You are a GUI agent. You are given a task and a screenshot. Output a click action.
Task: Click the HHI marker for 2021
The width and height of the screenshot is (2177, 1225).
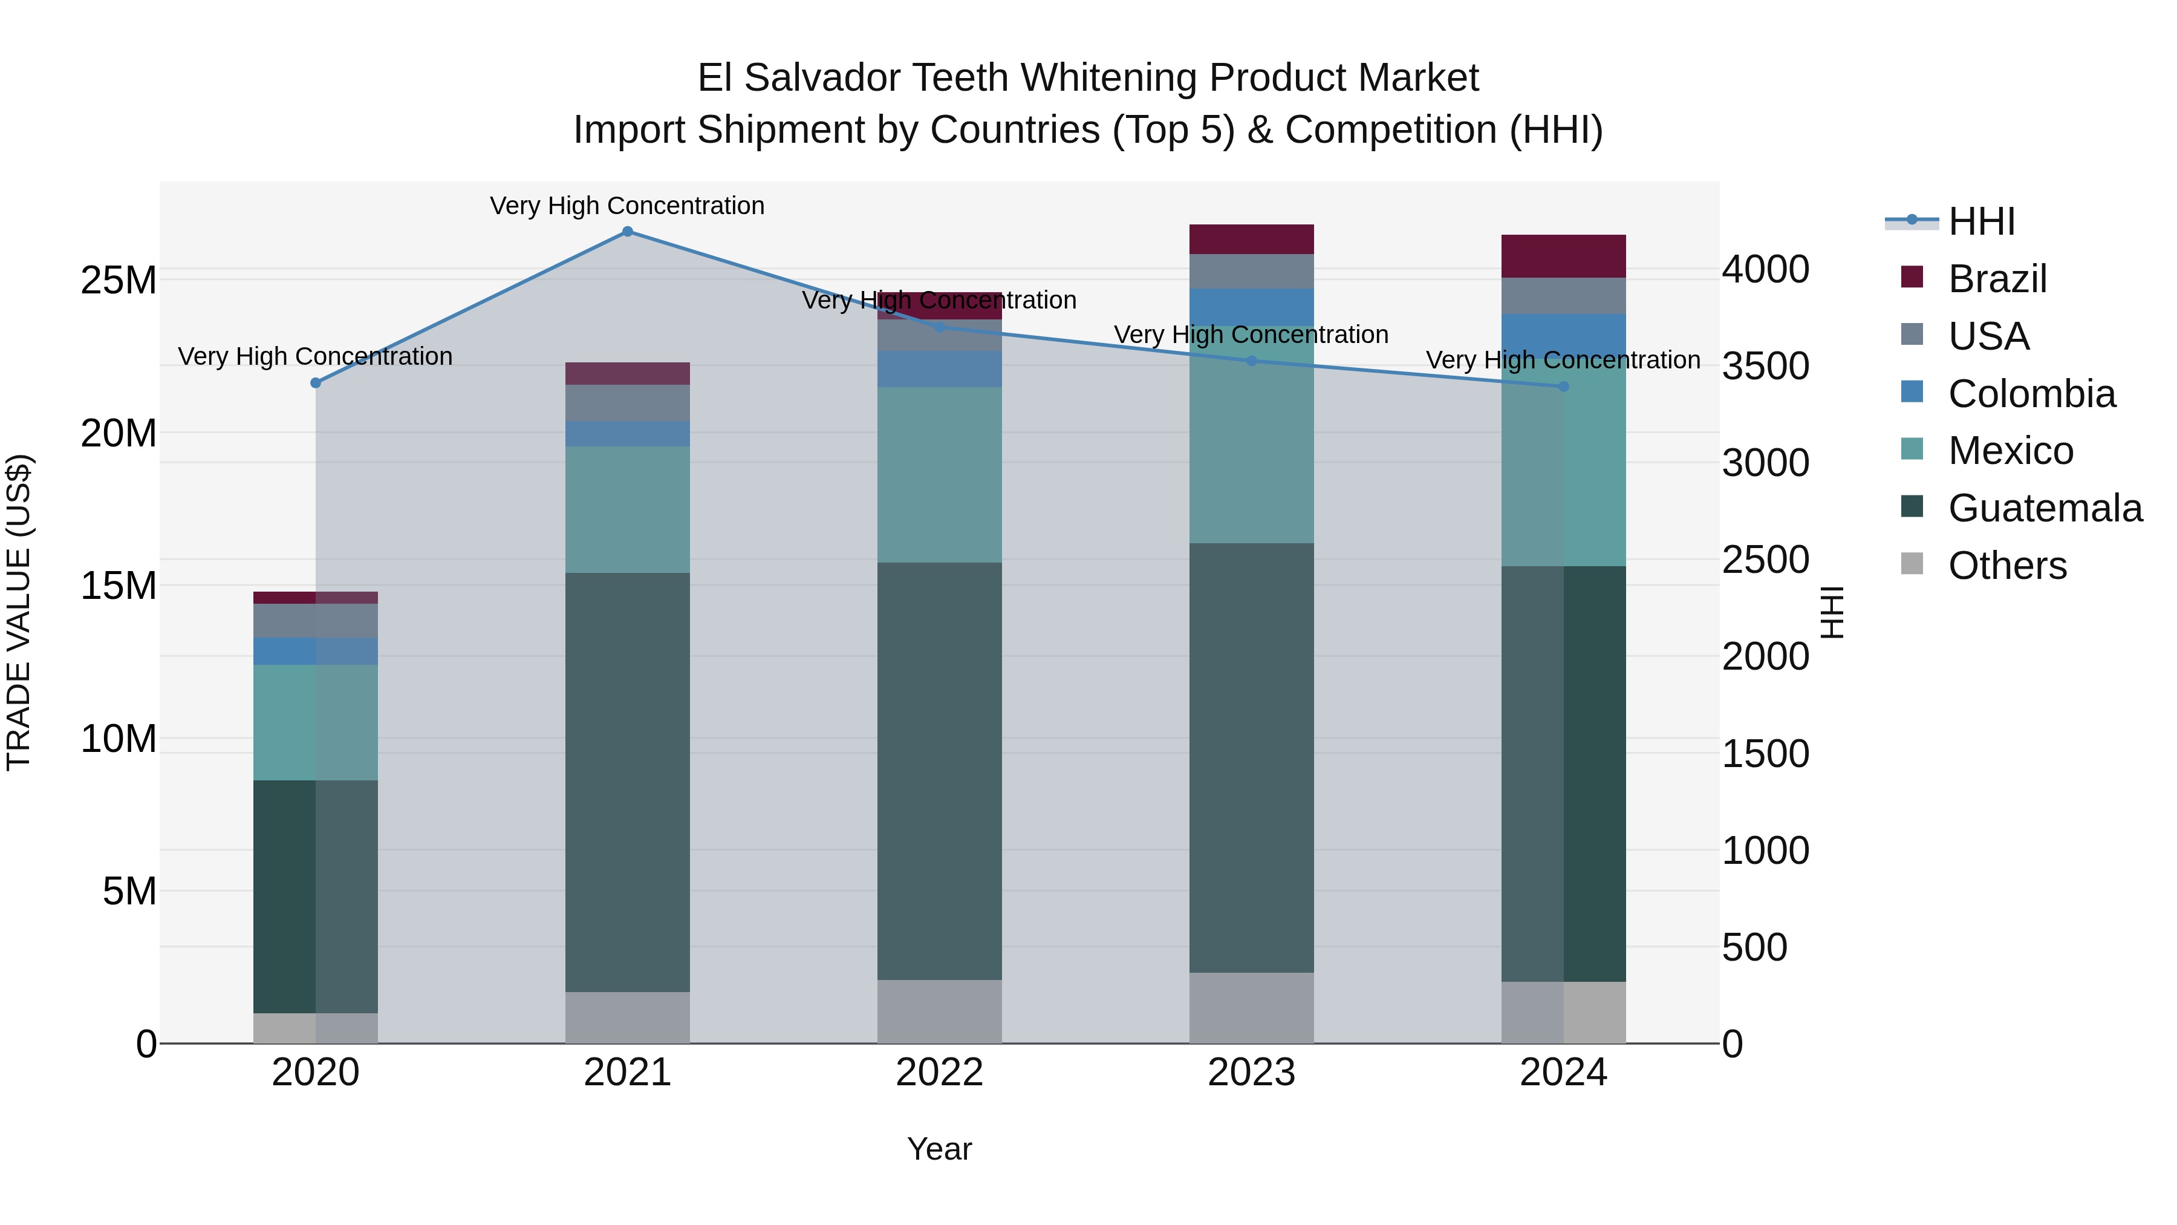(x=627, y=232)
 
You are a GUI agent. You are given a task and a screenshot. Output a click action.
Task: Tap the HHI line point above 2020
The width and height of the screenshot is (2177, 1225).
(x=316, y=383)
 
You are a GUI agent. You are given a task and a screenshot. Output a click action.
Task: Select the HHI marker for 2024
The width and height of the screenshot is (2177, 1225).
(x=1563, y=387)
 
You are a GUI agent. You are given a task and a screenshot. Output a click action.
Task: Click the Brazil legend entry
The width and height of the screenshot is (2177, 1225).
(x=1997, y=279)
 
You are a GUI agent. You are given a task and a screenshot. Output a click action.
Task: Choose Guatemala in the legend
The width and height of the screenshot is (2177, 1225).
(x=2045, y=508)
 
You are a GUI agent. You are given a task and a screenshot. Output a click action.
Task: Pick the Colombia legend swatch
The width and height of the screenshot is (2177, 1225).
(x=1912, y=392)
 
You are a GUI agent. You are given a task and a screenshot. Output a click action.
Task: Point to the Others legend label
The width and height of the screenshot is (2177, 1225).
(x=2007, y=566)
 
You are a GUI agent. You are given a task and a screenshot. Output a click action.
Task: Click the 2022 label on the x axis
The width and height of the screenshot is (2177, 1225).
(x=939, y=1073)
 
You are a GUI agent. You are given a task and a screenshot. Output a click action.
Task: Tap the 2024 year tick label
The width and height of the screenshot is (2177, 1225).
(x=1563, y=1073)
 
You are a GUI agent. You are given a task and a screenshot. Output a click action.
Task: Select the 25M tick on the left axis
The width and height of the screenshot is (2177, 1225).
(x=119, y=281)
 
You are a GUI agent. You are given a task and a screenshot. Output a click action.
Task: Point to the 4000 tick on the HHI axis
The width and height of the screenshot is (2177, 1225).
(x=1765, y=270)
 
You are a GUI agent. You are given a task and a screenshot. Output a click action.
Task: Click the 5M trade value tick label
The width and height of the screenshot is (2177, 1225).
(x=129, y=891)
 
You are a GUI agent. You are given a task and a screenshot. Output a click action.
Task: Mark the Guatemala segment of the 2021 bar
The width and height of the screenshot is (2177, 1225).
(x=627, y=782)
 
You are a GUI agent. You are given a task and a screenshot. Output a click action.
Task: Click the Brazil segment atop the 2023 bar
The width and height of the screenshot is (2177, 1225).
(x=1252, y=239)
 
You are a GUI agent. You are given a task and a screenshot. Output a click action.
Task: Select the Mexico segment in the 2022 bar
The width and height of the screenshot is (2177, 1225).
(x=939, y=474)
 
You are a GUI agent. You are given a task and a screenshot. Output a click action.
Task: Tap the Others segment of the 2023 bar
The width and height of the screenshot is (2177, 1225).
(x=1252, y=1008)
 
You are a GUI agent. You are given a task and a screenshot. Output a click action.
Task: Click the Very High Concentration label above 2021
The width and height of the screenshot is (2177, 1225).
(x=627, y=206)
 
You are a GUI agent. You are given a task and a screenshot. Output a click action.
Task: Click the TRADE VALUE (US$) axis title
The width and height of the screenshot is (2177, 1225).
(x=19, y=612)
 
